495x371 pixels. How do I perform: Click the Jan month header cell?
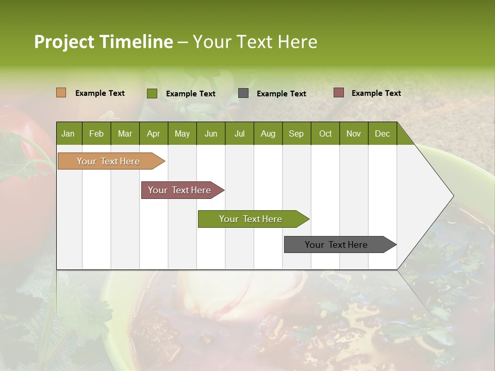point(69,133)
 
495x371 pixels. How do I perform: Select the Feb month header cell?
point(96,133)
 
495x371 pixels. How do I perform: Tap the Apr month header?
point(154,133)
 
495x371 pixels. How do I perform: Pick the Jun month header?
point(211,133)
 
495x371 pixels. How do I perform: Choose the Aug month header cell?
point(268,133)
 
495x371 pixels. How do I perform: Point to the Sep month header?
point(296,133)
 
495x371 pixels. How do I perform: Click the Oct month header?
point(325,133)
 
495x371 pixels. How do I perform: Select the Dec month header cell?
point(383,133)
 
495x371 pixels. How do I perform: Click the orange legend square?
point(61,93)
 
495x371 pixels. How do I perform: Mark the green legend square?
point(152,93)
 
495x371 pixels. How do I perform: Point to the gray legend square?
point(243,93)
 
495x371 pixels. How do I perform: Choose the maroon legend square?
point(338,93)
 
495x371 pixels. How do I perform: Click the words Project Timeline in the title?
point(104,42)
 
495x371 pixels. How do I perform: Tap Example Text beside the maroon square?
point(376,93)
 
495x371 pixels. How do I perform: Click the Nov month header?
point(354,133)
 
